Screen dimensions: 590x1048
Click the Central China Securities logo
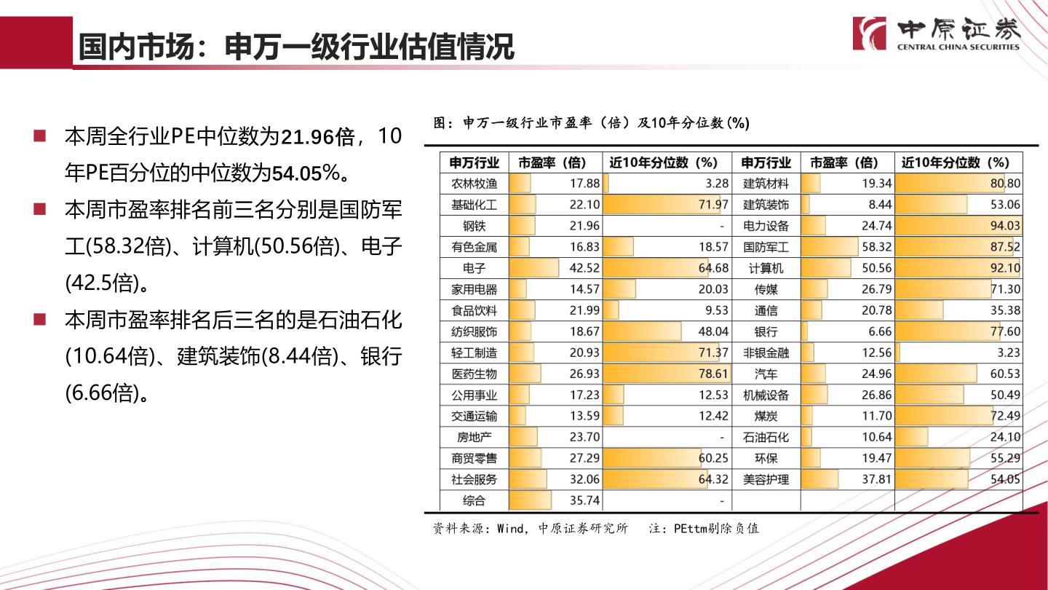pyautogui.click(x=937, y=34)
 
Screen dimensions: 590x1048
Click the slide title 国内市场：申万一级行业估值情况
pyautogui.click(x=296, y=47)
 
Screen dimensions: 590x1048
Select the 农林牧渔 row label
pyautogui.click(x=474, y=184)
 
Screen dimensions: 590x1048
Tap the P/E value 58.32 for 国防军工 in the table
pyautogui.click(x=876, y=247)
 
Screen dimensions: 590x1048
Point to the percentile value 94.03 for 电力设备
pyautogui.click(x=1005, y=226)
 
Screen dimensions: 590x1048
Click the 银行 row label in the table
pyautogui.click(x=766, y=331)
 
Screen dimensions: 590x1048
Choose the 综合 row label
pyautogui.click(x=474, y=500)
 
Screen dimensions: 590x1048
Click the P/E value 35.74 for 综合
pyautogui.click(x=584, y=500)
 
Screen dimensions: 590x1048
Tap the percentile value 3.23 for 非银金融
pyautogui.click(x=1008, y=353)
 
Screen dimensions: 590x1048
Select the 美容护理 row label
pyautogui.click(x=766, y=479)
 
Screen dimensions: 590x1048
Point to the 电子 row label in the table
pyautogui.click(x=474, y=268)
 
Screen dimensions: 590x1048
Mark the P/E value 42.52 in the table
pyautogui.click(x=584, y=268)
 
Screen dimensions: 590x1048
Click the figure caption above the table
pyautogui.click(x=591, y=123)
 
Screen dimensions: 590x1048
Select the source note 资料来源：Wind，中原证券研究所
pyautogui.click(x=530, y=528)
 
